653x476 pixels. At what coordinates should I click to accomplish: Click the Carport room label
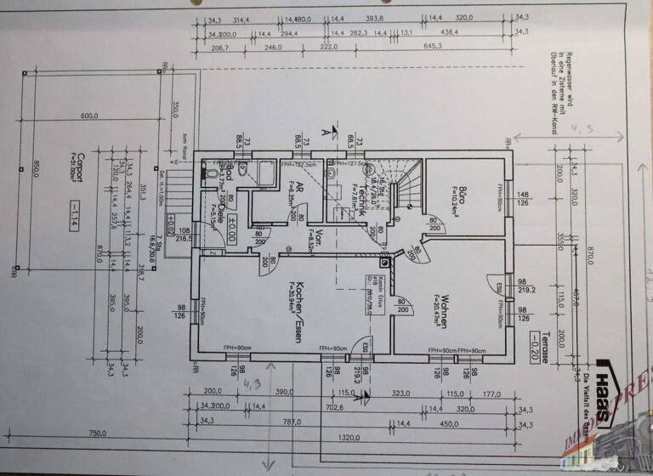68,163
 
